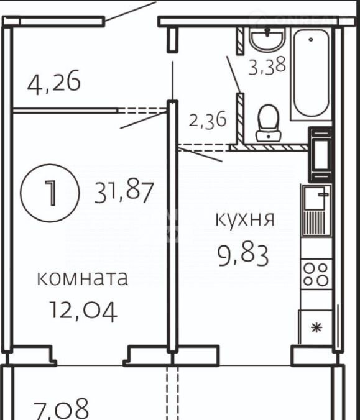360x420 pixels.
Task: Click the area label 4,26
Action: click(x=54, y=82)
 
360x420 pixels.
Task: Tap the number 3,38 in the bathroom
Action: click(x=267, y=66)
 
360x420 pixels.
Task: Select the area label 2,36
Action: click(x=208, y=121)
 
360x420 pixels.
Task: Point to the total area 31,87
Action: click(x=124, y=192)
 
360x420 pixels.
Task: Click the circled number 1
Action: click(x=50, y=193)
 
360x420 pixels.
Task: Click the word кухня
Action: click(x=245, y=219)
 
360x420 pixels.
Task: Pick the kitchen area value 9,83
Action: click(x=243, y=256)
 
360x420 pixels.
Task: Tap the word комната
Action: click(x=82, y=278)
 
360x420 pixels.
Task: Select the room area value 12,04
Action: click(x=84, y=311)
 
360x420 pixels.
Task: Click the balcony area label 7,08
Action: click(x=61, y=409)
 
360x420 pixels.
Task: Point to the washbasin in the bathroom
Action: click(x=267, y=39)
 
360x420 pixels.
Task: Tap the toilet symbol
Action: click(x=269, y=123)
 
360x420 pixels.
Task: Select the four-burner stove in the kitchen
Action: click(x=316, y=274)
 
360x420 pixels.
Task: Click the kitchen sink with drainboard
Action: click(x=316, y=211)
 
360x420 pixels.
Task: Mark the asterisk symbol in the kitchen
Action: click(x=316, y=327)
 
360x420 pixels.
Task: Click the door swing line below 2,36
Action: click(x=200, y=155)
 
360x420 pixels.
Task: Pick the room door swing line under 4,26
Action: click(x=144, y=121)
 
